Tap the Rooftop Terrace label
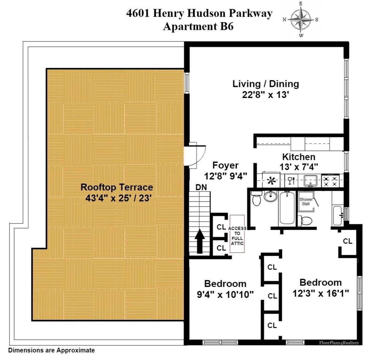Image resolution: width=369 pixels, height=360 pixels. tap(117, 187)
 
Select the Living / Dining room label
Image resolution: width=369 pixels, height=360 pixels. tap(266, 84)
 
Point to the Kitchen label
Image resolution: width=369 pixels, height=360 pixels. tap(299, 157)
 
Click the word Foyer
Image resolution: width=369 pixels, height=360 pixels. tap(225, 165)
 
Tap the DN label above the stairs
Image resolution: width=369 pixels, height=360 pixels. tap(201, 187)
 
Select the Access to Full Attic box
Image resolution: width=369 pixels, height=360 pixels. tap(237, 234)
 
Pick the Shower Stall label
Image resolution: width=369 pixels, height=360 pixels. tap(306, 201)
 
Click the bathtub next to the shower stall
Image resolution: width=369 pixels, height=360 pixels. tap(287, 208)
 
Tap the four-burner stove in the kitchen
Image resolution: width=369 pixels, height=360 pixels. tap(330, 181)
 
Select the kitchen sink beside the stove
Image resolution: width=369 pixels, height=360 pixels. tap(310, 181)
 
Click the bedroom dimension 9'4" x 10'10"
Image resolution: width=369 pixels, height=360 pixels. tap(225, 295)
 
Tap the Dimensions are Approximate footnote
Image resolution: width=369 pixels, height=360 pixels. tap(51, 350)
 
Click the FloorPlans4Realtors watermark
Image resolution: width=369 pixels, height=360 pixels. tap(339, 342)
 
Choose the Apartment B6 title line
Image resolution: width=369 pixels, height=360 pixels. tap(198, 26)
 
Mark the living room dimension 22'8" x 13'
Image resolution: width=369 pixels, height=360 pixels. tap(266, 95)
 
